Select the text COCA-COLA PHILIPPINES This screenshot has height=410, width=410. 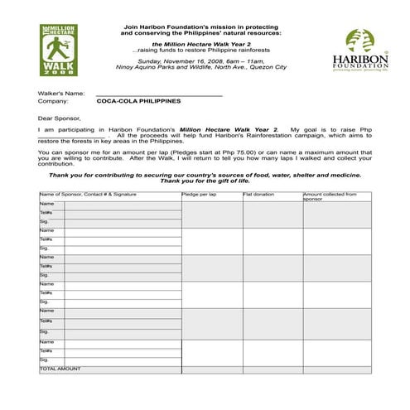(138, 101)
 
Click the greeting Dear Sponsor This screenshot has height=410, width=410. (60, 117)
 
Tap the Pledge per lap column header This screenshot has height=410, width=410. (199, 194)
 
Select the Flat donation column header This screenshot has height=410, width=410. (258, 194)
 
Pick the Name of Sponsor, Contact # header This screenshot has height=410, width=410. (88, 194)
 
